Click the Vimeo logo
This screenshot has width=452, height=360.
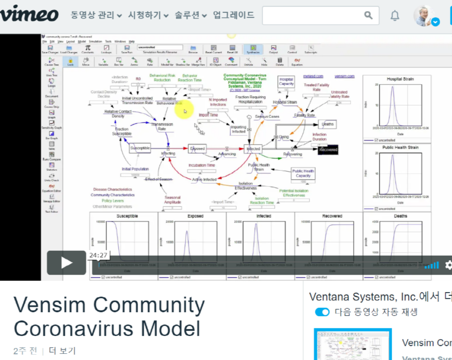[29, 15]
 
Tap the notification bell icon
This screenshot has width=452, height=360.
[395, 16]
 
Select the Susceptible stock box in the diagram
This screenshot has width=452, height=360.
[140, 148]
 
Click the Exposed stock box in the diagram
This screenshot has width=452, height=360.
[197, 148]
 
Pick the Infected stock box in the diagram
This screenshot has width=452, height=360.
[253, 148]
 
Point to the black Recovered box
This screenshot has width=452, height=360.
[328, 150]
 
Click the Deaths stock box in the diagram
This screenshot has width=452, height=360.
[328, 124]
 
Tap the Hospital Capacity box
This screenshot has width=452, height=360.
[286, 81]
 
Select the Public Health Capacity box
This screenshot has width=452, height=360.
[303, 173]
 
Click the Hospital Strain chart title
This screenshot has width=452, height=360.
[400, 79]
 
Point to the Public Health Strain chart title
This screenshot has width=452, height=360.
[400, 147]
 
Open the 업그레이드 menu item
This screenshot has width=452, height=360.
[234, 15]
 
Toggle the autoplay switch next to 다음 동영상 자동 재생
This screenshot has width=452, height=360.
[322, 312]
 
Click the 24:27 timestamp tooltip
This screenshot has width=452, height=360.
[98, 255]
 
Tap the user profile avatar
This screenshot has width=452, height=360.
[424, 16]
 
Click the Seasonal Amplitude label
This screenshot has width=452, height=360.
[173, 200]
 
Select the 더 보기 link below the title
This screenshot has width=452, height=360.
[62, 351]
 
